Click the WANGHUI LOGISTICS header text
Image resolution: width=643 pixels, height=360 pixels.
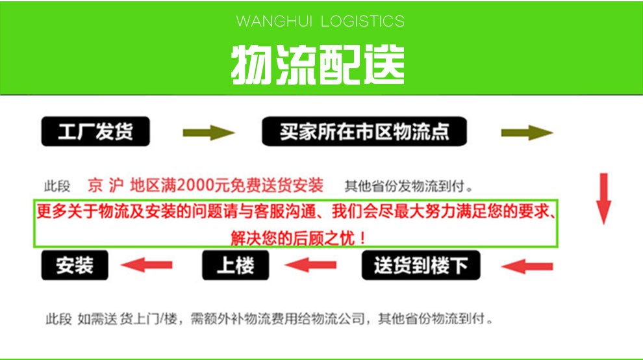click(320, 21)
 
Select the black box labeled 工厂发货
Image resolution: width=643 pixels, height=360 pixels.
click(95, 132)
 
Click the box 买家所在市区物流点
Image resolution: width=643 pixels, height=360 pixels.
click(364, 132)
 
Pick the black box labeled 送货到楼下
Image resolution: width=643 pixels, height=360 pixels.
click(420, 265)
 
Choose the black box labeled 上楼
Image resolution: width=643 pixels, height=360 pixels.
click(234, 265)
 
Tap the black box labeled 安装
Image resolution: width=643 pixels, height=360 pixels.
click(75, 265)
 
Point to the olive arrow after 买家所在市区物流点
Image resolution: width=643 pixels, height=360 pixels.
click(526, 133)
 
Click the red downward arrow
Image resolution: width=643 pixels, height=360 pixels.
click(604, 198)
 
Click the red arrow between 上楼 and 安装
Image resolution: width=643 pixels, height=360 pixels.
click(148, 264)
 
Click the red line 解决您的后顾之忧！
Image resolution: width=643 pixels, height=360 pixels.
click(299, 238)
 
